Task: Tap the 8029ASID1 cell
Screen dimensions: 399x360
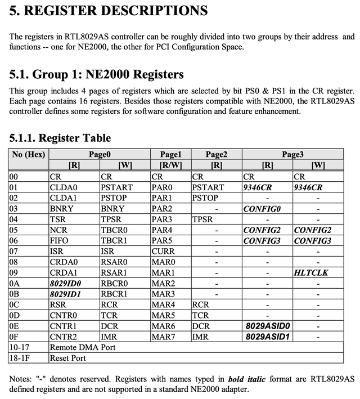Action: pos(267,337)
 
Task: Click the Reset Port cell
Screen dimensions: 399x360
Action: pos(67,358)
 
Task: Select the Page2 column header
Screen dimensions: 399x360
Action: pos(217,154)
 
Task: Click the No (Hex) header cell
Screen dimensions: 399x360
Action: pos(28,154)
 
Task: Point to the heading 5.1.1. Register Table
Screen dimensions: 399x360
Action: pos(60,138)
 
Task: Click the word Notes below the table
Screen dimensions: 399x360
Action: pos(21,379)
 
